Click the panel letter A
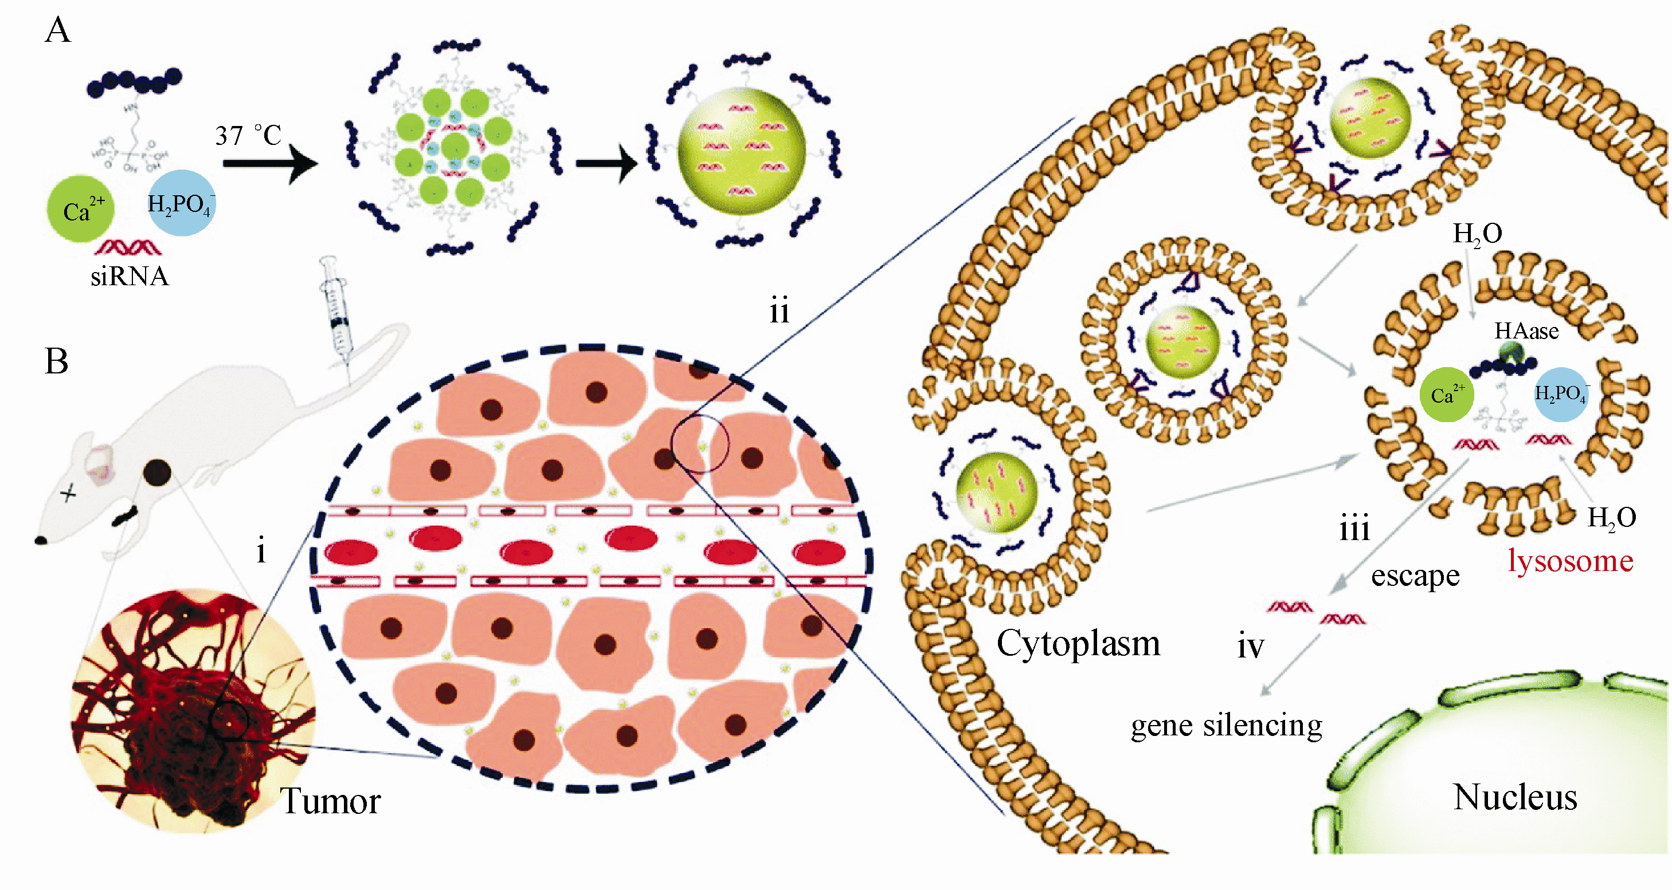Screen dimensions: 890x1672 58,30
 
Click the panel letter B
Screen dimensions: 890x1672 57,361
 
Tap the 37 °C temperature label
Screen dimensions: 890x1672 249,136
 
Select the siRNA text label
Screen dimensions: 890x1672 129,277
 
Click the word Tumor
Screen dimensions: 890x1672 330,801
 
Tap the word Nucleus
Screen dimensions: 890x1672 1515,797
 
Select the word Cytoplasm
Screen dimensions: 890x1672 1078,644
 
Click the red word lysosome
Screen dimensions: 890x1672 1570,561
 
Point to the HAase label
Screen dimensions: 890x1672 1526,332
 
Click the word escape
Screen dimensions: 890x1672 1415,576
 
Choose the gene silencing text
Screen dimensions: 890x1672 1226,725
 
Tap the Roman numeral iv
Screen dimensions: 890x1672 1251,647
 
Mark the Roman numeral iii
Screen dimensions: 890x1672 1354,528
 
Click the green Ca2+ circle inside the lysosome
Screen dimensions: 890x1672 1447,395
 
